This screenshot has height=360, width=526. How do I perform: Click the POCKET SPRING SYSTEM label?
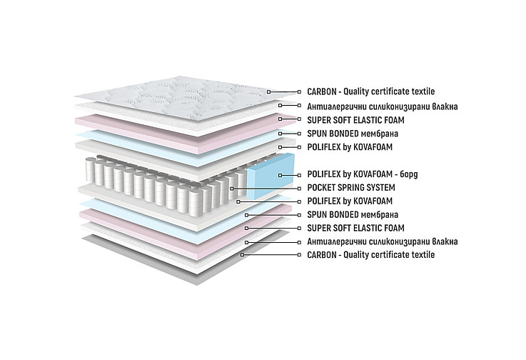click(x=351, y=187)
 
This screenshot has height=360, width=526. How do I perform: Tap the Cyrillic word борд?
click(x=409, y=174)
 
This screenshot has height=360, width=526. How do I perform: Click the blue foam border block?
click(x=271, y=175)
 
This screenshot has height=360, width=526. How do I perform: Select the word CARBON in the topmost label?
click(x=322, y=91)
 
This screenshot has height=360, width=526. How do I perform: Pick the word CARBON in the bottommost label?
click(x=322, y=254)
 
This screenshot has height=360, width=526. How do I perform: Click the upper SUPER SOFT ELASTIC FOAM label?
click(x=355, y=120)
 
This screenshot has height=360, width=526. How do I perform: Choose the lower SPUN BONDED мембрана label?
click(x=353, y=214)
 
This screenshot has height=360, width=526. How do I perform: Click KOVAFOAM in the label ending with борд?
click(x=373, y=174)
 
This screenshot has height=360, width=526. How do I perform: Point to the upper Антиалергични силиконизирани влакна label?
click(x=383, y=106)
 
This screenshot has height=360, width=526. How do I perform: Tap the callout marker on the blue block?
click(x=280, y=175)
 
